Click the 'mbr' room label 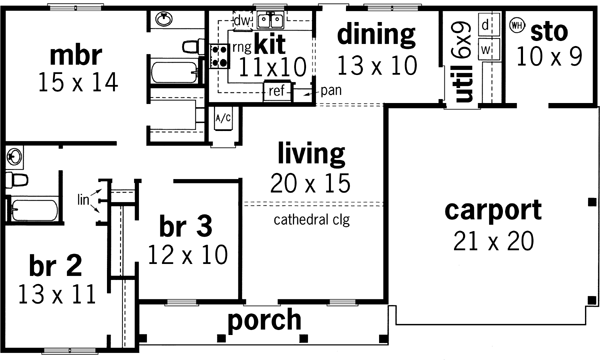pyautogui.click(x=75, y=52)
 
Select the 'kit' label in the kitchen pyautogui.click(x=270, y=44)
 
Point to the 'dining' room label pyautogui.click(x=375, y=34)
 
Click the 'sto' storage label pyautogui.click(x=549, y=29)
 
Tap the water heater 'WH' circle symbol pyautogui.click(x=517, y=25)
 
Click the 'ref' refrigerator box pyautogui.click(x=277, y=91)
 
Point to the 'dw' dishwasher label pyautogui.click(x=240, y=20)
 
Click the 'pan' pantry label pyautogui.click(x=331, y=90)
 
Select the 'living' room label pyautogui.click(x=310, y=154)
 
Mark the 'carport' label pyautogui.click(x=493, y=211)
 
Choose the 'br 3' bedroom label pyautogui.click(x=186, y=225)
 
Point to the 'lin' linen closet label pyautogui.click(x=85, y=200)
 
